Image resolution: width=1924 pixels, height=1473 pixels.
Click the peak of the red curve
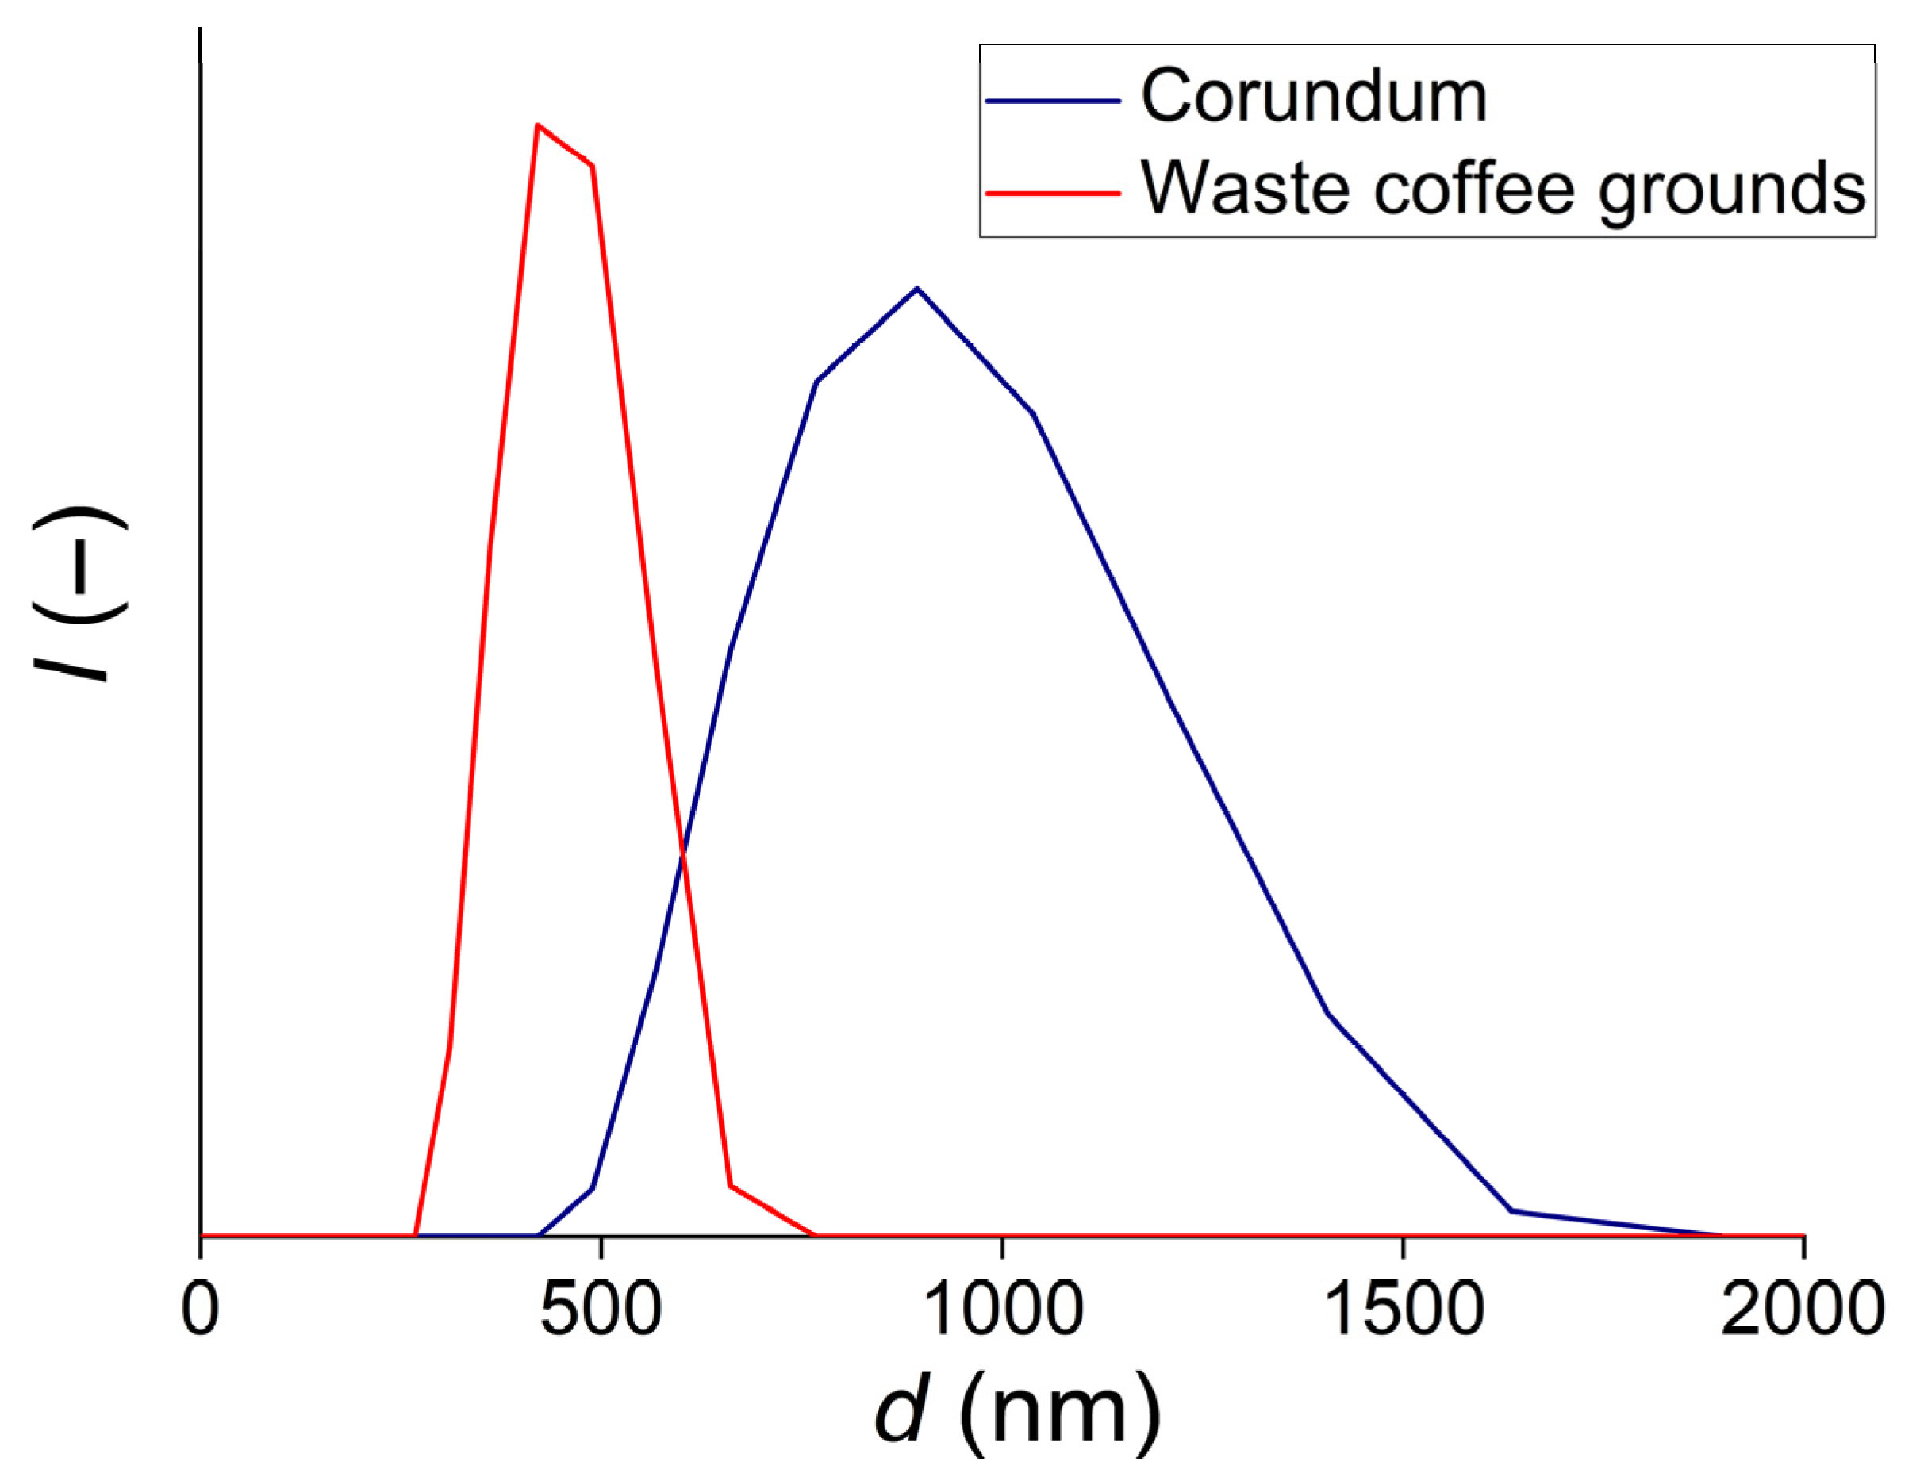(x=536, y=125)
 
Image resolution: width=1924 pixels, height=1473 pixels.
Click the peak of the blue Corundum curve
(x=916, y=288)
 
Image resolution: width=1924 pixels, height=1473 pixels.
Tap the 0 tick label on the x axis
(x=200, y=1309)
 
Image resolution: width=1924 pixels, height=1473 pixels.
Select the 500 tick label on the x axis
(x=600, y=1309)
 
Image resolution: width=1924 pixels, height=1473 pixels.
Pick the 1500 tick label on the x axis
(x=1403, y=1309)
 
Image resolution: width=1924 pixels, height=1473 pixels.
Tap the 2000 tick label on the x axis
(x=1802, y=1309)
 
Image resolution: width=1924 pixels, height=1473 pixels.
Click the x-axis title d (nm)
(x=1017, y=1412)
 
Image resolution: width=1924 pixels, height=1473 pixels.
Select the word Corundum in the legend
(x=1313, y=97)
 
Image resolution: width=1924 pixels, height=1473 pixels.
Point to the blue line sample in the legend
(x=1052, y=101)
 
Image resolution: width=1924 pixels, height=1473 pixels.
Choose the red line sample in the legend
(x=1052, y=192)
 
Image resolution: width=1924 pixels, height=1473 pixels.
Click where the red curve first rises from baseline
(x=415, y=1234)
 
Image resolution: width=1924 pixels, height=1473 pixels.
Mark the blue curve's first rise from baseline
(x=538, y=1234)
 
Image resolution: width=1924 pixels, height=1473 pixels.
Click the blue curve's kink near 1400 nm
(x=1329, y=1014)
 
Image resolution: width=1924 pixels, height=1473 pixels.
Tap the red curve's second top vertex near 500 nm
(x=593, y=166)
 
